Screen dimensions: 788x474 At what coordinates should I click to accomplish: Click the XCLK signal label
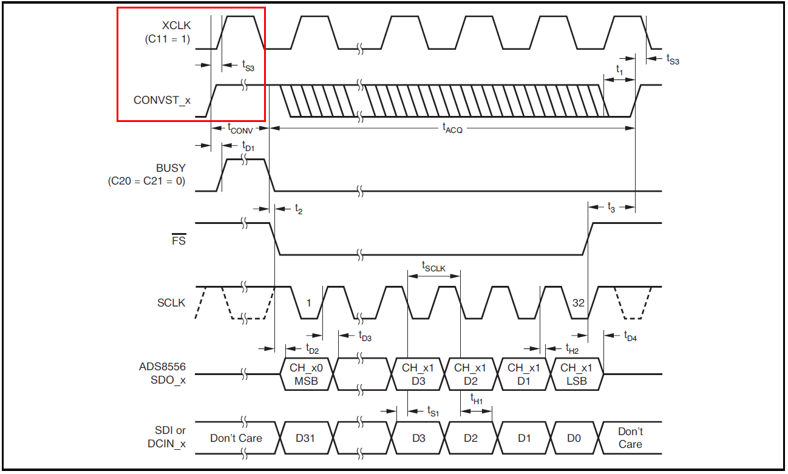click(x=176, y=25)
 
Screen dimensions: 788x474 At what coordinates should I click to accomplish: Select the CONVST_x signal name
click(x=162, y=100)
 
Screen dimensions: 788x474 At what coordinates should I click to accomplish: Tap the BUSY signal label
click(x=171, y=168)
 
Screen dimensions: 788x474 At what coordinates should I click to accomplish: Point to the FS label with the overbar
click(x=178, y=240)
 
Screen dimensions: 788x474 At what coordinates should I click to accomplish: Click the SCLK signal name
click(x=171, y=303)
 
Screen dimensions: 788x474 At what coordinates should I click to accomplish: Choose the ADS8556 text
click(x=162, y=367)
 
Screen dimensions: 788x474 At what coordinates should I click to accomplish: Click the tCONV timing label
click(x=240, y=128)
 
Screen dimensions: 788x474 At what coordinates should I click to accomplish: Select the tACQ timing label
click(x=452, y=128)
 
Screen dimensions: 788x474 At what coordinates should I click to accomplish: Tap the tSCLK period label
click(x=433, y=267)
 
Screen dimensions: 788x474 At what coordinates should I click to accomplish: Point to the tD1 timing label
click(x=248, y=146)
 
